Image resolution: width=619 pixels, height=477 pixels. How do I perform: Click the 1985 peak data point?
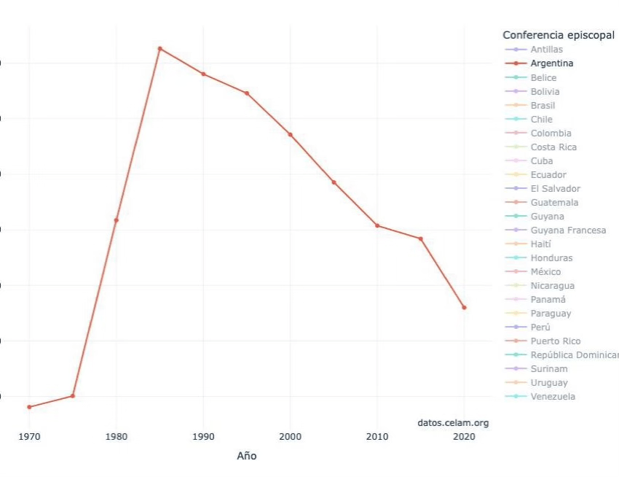tap(159, 49)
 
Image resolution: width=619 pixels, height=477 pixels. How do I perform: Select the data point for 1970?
tap(29, 407)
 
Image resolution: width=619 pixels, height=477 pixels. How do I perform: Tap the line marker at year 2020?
tap(464, 308)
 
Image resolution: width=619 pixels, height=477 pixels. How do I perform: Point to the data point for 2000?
tap(290, 134)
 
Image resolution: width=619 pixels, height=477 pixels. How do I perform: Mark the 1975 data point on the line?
tap(73, 396)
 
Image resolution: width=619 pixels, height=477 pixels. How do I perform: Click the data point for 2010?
tap(377, 225)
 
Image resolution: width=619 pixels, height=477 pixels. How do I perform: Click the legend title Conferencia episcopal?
tap(559, 35)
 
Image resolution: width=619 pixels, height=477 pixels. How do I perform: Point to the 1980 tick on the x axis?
tap(117, 437)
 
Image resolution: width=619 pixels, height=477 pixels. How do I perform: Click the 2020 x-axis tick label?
tap(464, 437)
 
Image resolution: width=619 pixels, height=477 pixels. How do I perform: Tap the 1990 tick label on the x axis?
tap(203, 437)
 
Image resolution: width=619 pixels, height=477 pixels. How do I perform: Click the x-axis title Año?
tap(247, 456)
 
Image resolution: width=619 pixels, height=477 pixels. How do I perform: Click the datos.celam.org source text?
tap(453, 423)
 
